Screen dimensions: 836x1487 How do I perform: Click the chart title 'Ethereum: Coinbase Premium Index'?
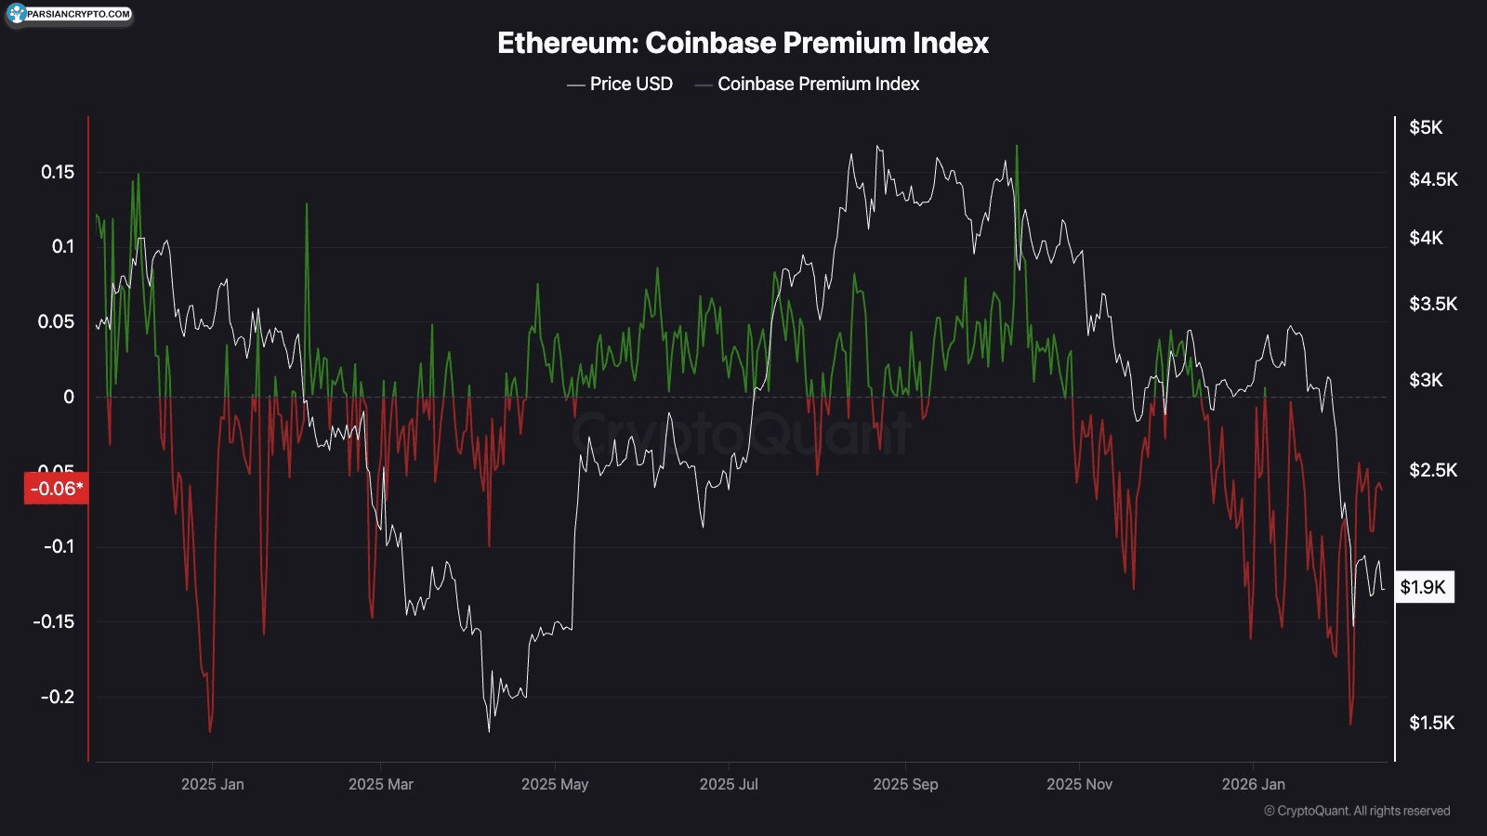(x=743, y=43)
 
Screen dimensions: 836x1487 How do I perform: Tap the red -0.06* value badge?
(x=56, y=489)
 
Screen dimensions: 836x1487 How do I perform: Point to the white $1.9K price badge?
(x=1423, y=587)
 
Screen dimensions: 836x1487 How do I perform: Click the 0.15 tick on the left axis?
(x=58, y=172)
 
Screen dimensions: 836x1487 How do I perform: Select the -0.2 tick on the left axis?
(x=58, y=697)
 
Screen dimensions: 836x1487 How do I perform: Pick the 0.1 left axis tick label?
(x=62, y=246)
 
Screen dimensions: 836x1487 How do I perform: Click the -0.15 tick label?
(x=54, y=621)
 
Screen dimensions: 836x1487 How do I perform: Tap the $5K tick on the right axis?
(x=1426, y=127)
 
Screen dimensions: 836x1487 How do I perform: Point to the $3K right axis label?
(x=1426, y=380)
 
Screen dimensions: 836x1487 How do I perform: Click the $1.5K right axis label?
(x=1431, y=723)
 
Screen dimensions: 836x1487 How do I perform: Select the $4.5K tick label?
(x=1433, y=179)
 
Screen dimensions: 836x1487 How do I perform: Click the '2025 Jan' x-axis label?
(x=213, y=784)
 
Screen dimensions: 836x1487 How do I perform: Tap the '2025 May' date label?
(x=555, y=784)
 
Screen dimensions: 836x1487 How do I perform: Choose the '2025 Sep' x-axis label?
(x=905, y=784)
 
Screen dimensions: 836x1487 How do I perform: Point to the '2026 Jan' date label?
(x=1253, y=784)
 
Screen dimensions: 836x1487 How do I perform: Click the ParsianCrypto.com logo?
(x=70, y=14)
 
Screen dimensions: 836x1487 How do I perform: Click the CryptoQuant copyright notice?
(x=1357, y=811)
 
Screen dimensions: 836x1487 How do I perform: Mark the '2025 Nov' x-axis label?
(x=1079, y=784)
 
